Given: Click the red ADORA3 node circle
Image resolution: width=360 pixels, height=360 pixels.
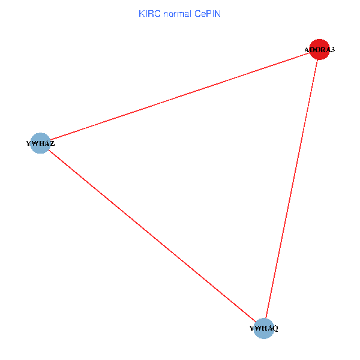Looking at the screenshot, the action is (319, 50).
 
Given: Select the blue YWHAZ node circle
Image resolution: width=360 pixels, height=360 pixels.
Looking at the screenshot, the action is (40, 143).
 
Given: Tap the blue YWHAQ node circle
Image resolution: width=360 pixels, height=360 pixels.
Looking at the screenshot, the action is (264, 328).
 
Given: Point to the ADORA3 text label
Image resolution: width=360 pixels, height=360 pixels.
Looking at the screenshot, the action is (319, 50).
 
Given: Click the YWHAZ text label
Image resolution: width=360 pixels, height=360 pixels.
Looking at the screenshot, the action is (40, 143).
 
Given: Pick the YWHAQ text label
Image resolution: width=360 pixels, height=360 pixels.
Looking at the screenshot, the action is (264, 328).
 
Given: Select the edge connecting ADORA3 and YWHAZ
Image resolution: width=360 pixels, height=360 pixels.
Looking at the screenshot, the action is (180, 97).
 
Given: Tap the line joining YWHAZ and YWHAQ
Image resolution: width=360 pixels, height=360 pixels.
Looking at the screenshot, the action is (152, 236).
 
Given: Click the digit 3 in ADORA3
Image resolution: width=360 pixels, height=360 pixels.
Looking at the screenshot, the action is (332, 50).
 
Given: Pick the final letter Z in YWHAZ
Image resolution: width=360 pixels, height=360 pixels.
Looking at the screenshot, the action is (52, 143).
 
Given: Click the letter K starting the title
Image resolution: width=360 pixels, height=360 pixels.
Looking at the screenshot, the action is (142, 13).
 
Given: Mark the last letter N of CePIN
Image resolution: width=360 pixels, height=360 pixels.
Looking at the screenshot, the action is (218, 13).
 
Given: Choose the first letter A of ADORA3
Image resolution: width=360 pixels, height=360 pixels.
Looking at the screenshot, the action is (307, 50).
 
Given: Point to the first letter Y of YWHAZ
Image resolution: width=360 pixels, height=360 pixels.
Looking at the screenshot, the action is (29, 143).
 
